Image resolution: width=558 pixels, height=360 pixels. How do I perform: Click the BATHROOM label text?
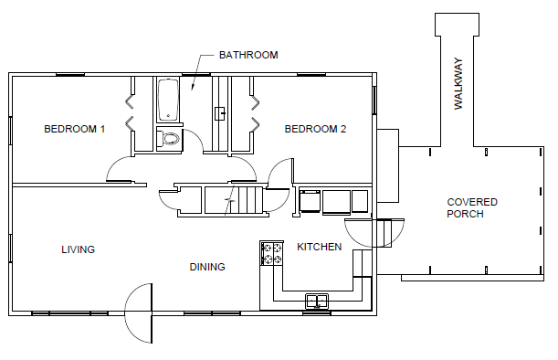(x=248, y=55)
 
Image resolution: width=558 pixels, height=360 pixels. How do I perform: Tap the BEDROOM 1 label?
(x=74, y=129)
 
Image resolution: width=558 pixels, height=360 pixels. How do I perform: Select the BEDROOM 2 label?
(x=315, y=129)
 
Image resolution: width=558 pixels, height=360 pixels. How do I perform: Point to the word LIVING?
(x=79, y=249)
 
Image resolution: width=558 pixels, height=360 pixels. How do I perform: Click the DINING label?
(x=207, y=267)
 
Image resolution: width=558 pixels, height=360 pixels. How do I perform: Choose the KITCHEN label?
(x=320, y=247)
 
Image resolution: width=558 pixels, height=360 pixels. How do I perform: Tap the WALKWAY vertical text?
(x=458, y=83)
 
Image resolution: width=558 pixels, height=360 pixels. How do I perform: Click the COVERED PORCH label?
(x=472, y=208)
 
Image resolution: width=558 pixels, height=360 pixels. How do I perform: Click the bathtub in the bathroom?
(x=168, y=101)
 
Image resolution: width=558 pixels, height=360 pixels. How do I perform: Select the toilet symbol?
(x=168, y=139)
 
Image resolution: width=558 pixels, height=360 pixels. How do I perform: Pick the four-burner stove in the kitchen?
(x=272, y=253)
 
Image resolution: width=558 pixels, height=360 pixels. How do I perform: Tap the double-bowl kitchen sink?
(x=317, y=302)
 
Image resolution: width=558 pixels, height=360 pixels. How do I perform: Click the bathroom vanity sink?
(x=220, y=113)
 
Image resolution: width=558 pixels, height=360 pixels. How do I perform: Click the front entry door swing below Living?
(x=139, y=313)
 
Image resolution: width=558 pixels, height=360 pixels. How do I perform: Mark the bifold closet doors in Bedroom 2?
(x=255, y=112)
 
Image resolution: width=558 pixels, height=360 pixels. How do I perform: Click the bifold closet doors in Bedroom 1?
(x=130, y=112)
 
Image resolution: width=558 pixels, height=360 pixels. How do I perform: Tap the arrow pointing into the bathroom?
(x=198, y=72)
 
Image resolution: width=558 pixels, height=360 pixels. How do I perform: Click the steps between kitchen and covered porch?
(x=384, y=233)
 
